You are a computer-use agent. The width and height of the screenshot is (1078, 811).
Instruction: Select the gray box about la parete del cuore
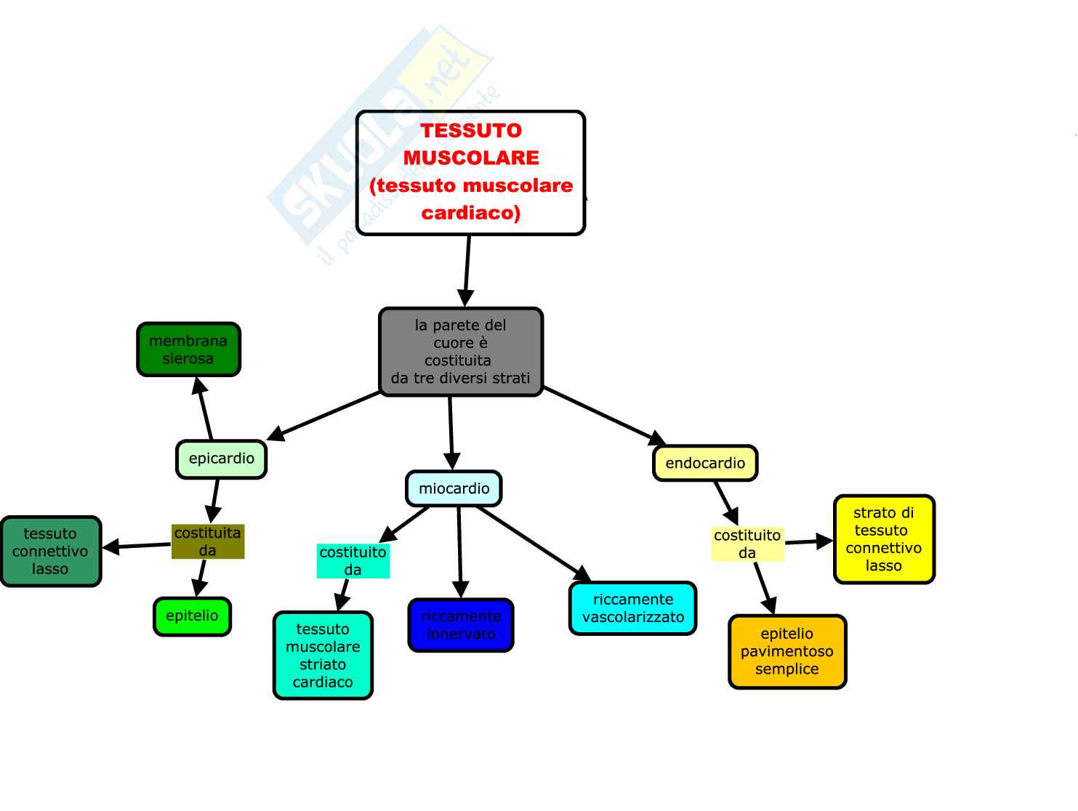click(x=461, y=352)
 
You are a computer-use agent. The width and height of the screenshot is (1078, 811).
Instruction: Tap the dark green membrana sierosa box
click(x=188, y=350)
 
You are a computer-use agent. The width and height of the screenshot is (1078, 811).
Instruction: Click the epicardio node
click(x=221, y=459)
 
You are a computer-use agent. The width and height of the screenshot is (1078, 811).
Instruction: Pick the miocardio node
click(x=454, y=488)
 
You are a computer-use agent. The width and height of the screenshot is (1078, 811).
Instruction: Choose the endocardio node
click(x=705, y=463)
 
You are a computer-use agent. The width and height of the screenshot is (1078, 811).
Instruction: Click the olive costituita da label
click(x=208, y=541)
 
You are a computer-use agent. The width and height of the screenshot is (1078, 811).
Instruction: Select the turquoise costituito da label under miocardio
click(x=353, y=561)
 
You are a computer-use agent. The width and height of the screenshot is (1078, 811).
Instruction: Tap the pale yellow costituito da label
click(x=747, y=544)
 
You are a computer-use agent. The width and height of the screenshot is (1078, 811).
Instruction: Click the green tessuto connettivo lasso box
click(x=50, y=551)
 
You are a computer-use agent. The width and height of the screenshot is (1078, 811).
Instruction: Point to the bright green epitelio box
click(x=192, y=616)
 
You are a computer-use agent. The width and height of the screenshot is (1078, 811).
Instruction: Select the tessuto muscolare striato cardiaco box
click(x=323, y=655)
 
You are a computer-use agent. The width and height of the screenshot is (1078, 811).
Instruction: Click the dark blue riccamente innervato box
click(x=461, y=625)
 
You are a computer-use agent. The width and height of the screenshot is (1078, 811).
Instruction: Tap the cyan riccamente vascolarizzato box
click(x=632, y=608)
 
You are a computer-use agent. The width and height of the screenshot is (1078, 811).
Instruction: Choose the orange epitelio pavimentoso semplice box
click(x=787, y=651)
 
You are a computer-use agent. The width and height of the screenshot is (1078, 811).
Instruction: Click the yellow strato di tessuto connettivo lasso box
click(x=884, y=539)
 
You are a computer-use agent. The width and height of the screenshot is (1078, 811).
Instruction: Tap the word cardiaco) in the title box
click(x=471, y=213)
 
